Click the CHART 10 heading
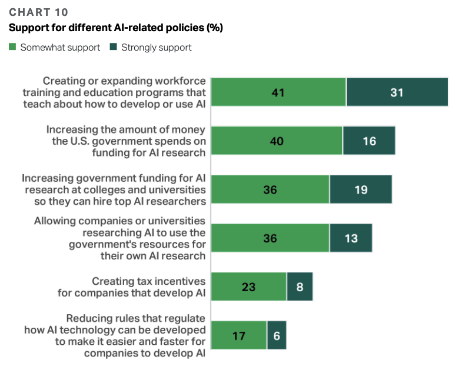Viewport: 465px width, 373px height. tap(39, 12)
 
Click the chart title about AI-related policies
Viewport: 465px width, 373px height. tap(115, 28)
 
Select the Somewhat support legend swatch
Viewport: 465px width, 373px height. tap(13, 47)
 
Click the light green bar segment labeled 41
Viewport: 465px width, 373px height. tap(278, 92)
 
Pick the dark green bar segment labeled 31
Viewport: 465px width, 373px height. tap(397, 92)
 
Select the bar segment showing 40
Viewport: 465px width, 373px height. tap(277, 141)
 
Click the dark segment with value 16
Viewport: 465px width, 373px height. tap(369, 141)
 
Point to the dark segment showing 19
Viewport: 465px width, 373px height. tap(361, 189)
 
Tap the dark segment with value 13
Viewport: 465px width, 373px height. tap(351, 238)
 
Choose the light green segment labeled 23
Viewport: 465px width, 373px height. tap(248, 287)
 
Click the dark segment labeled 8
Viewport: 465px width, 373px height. tap(300, 287)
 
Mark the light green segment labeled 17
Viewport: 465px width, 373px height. tap(238, 335)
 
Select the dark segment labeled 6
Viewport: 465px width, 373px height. tap(277, 335)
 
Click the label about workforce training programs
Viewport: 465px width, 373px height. tap(114, 92)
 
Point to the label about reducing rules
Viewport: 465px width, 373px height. tap(115, 335)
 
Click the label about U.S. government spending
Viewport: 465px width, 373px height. tap(125, 141)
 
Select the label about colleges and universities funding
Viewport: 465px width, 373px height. tap(114, 189)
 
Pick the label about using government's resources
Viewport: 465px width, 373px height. tap(119, 238)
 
